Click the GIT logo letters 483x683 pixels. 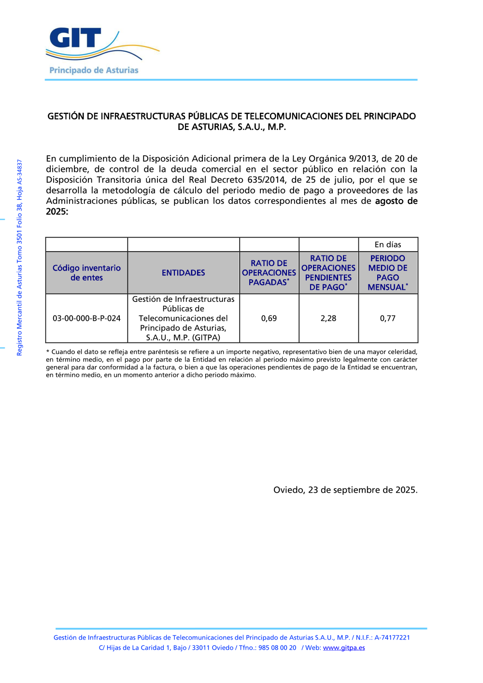75,38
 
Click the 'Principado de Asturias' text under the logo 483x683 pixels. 94,71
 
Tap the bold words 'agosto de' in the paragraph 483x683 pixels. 396,201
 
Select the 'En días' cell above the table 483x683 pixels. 388,244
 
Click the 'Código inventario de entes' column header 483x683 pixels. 86,273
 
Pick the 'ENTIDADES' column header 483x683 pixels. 184,273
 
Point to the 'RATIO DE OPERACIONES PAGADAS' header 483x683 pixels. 269,273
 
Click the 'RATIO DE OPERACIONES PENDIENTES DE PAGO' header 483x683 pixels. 328,273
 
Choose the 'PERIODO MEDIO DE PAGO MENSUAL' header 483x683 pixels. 388,273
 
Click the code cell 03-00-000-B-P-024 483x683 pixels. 86,318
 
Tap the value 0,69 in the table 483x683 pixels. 269,318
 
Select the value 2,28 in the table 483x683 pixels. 328,318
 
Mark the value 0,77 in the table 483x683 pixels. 388,318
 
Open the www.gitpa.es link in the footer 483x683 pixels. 344,648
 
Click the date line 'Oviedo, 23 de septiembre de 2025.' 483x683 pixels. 345,490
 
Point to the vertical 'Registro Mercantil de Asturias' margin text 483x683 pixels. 20,258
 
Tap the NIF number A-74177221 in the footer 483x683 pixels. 392,638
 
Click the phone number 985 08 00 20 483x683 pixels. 277,648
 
